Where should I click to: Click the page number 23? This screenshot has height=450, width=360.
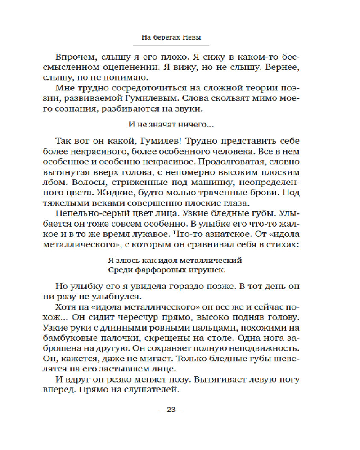point(171,409)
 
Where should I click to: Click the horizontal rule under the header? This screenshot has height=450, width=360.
point(171,45)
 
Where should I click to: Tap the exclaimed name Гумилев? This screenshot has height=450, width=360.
point(162,139)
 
